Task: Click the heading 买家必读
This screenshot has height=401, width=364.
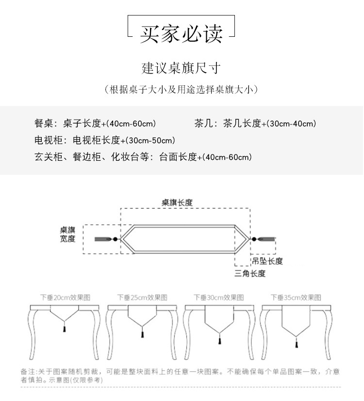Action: [x=181, y=34]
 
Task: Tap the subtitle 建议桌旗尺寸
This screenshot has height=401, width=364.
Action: [x=182, y=68]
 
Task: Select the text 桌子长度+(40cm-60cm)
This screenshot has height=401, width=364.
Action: [x=110, y=123]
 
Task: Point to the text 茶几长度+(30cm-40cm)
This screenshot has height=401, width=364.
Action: [x=269, y=123]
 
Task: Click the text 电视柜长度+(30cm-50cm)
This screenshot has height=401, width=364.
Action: [x=124, y=140]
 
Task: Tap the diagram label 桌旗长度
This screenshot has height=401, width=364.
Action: [x=177, y=203]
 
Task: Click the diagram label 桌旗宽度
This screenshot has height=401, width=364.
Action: [x=68, y=234]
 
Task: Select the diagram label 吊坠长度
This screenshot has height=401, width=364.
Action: [x=267, y=261]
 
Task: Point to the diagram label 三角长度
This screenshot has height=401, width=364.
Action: [x=250, y=274]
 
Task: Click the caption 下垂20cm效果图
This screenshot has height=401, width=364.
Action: [x=65, y=297]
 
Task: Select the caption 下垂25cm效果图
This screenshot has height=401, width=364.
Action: [x=142, y=297]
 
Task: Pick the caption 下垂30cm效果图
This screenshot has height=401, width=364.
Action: [x=219, y=297]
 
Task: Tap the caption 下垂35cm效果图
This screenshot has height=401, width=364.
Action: [x=296, y=297]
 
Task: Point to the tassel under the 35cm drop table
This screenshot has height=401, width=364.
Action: [x=294, y=344]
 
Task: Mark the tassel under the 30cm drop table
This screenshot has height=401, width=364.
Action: [x=218, y=341]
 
